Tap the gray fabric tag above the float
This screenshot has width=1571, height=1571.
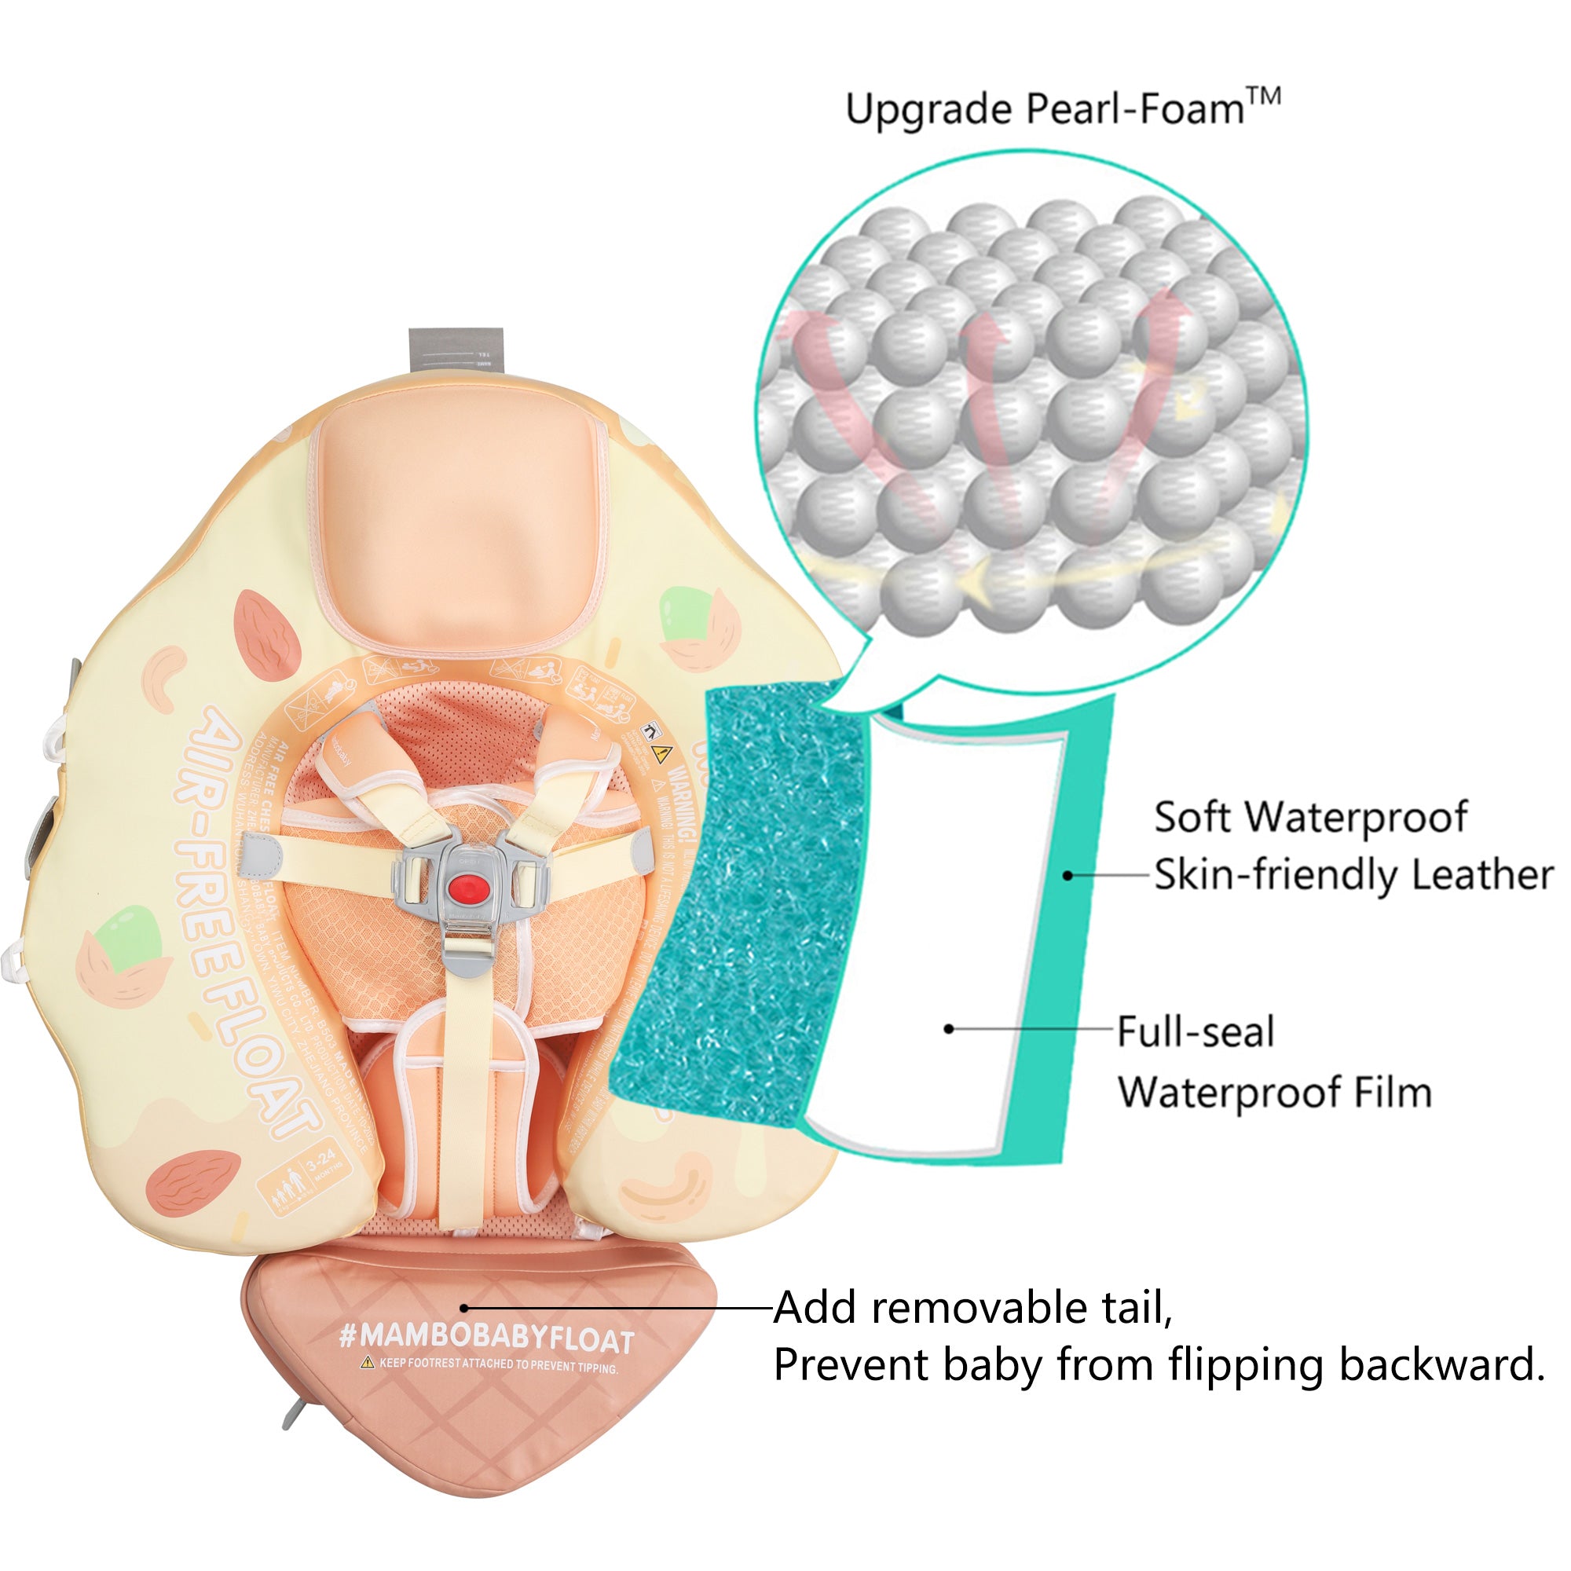[x=456, y=351]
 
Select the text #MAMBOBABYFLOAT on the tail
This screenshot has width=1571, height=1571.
[x=485, y=1337]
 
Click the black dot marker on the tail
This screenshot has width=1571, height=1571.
[x=464, y=1309]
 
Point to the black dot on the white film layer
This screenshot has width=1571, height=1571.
[x=949, y=1030]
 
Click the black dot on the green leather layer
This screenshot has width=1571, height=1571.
[x=1067, y=876]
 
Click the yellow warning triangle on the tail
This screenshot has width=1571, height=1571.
[x=368, y=1362]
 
